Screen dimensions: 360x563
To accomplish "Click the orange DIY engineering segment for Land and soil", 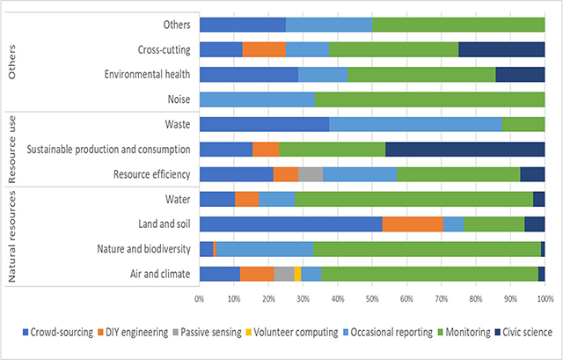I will pyautogui.click(x=413, y=224).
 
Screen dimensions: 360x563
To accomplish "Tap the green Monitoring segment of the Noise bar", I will pyautogui.click(x=429, y=99).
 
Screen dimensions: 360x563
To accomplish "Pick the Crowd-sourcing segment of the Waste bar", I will pyautogui.click(x=264, y=124).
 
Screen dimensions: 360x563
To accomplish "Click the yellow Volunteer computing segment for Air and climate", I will pyautogui.click(x=297, y=274).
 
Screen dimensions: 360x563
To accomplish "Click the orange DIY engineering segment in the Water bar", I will pyautogui.click(x=246, y=199).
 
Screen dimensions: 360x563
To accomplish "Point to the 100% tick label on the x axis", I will pyautogui.click(x=544, y=300).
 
